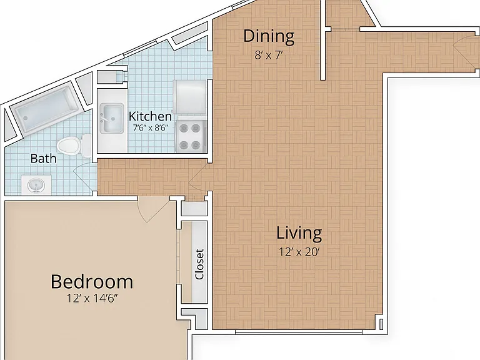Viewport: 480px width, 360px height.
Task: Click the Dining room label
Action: (x=269, y=36)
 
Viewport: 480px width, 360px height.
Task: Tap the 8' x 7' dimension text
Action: (x=269, y=56)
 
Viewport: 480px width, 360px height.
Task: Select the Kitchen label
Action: (x=150, y=116)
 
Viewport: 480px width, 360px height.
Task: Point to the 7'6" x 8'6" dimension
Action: (x=151, y=127)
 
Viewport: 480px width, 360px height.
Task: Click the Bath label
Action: (x=44, y=158)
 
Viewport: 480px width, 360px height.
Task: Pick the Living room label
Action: (x=299, y=232)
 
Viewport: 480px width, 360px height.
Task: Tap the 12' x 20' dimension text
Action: (x=299, y=252)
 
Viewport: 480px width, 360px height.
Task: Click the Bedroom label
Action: (x=92, y=282)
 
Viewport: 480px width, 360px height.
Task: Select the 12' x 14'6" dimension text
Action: (x=92, y=298)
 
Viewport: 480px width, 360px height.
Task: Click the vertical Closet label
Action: (x=199, y=264)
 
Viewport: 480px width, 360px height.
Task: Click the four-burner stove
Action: (x=191, y=136)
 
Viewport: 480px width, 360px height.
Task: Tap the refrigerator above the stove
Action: (x=189, y=97)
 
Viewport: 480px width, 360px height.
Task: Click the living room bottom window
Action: (x=299, y=332)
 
